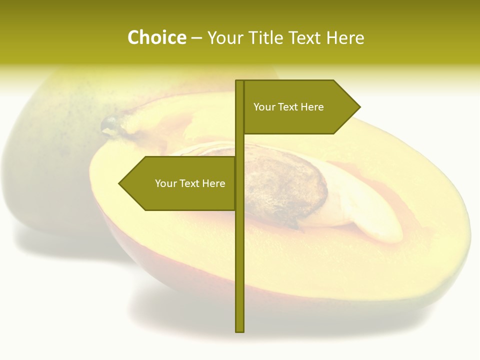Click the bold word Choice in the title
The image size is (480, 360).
(x=156, y=38)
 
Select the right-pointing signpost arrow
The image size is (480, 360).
(x=300, y=107)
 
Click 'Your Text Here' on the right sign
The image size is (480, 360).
(x=288, y=107)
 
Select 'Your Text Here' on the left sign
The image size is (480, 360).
(x=190, y=183)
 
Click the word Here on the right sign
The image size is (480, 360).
(x=312, y=107)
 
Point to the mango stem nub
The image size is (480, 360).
(x=110, y=125)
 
